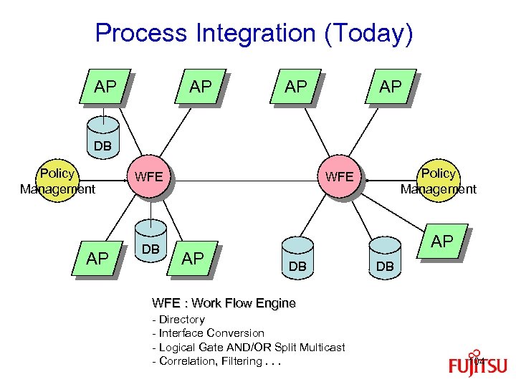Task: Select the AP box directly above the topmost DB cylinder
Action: [105, 87]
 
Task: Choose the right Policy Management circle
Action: [438, 181]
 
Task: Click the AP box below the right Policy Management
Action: [441, 242]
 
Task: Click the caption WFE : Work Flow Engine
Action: [224, 303]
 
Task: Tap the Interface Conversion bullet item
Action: [208, 333]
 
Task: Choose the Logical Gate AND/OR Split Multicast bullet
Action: [248, 347]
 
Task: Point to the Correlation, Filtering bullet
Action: [216, 361]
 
